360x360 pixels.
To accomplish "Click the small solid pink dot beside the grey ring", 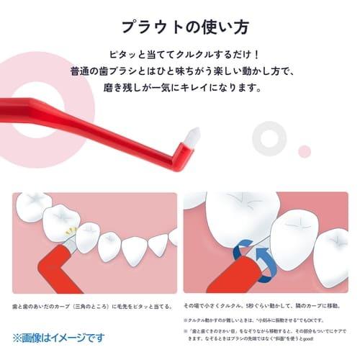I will tap(305, 150).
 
